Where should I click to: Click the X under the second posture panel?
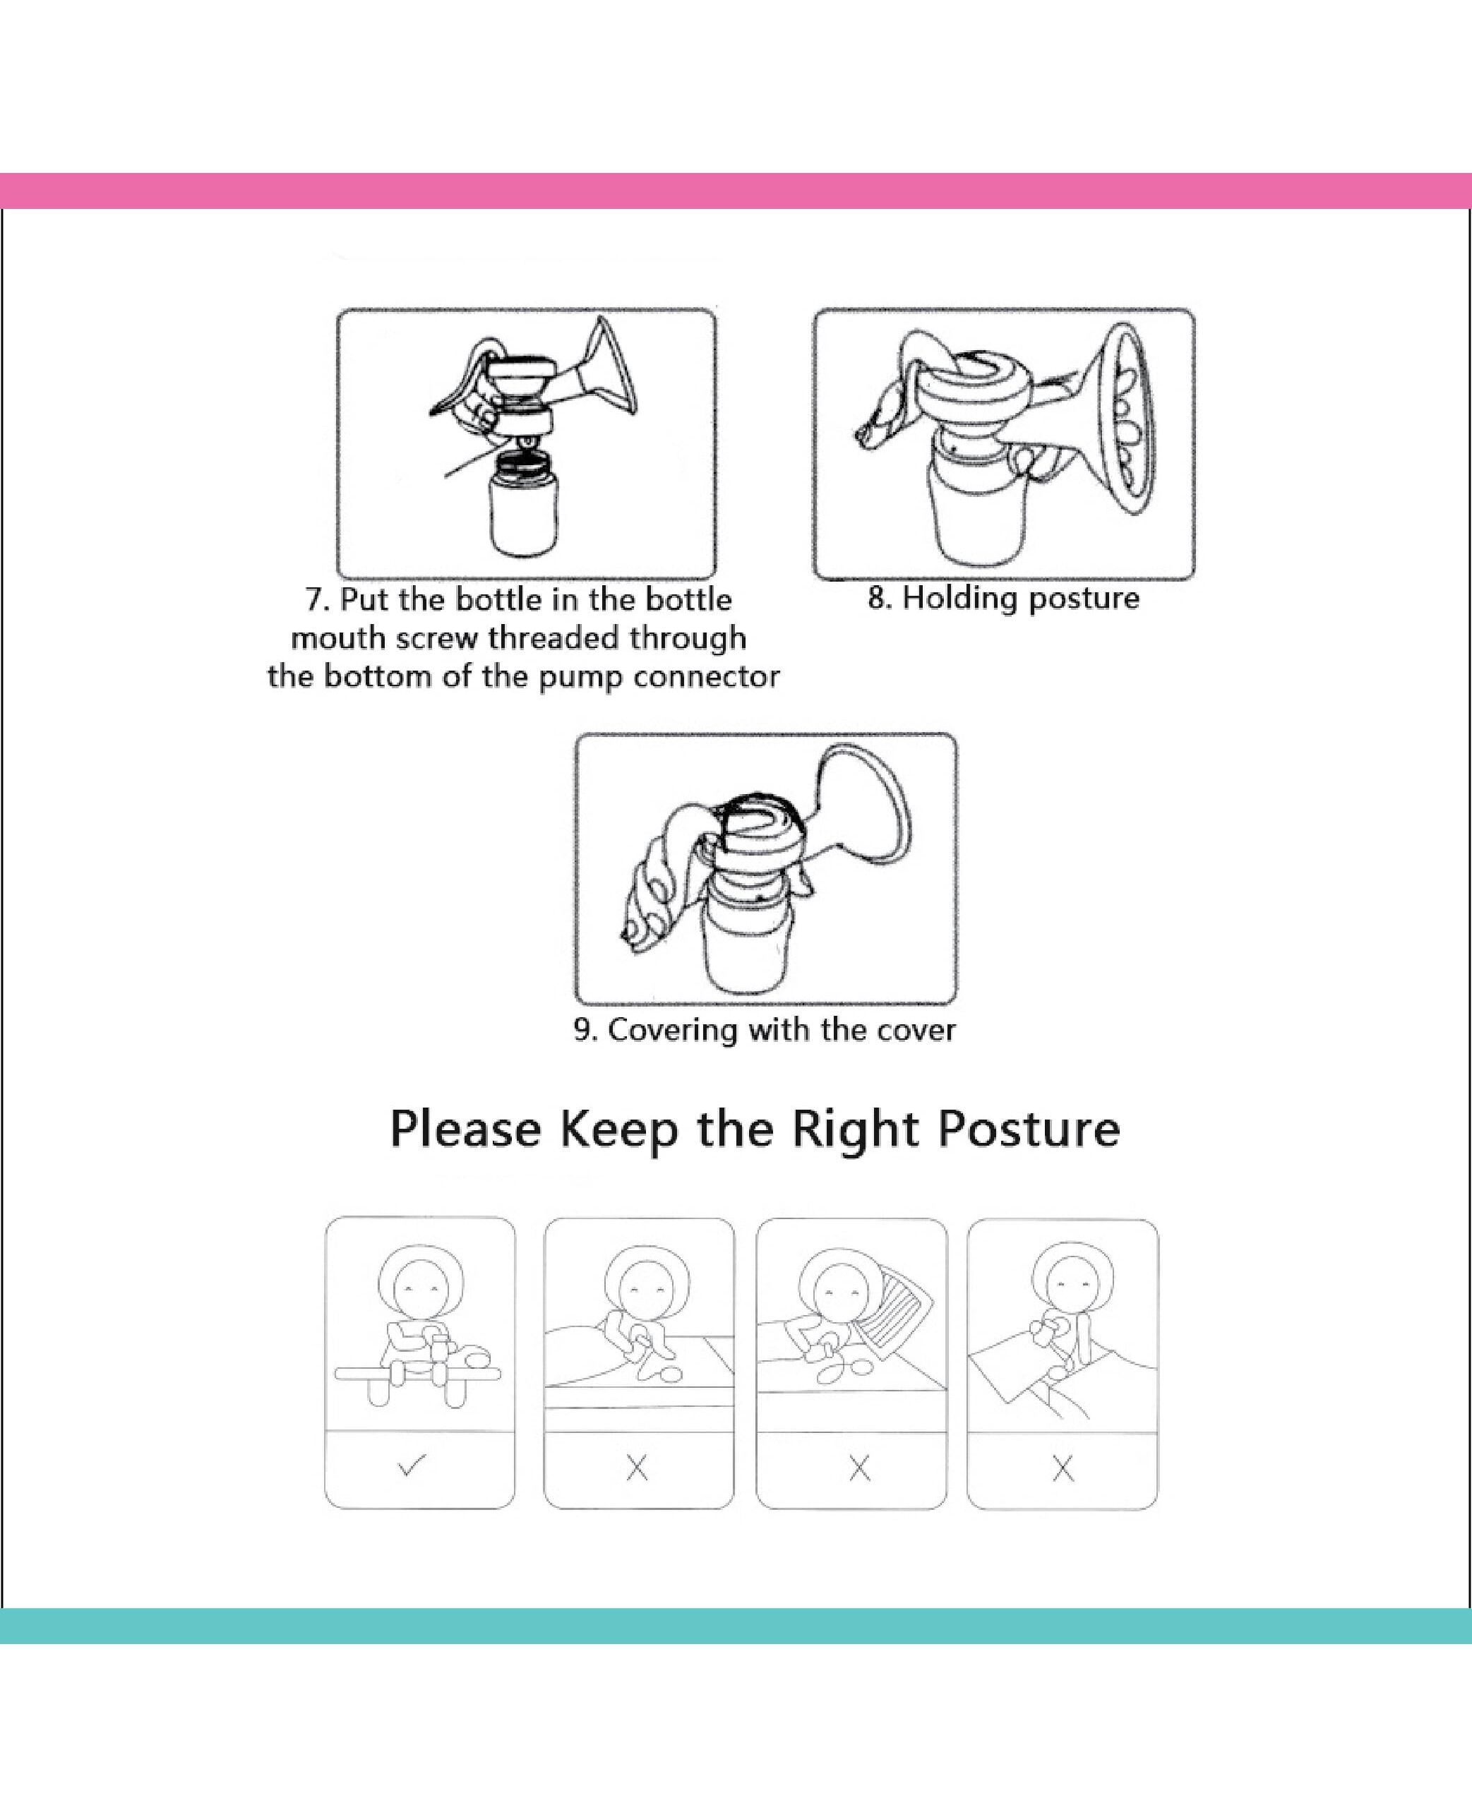(x=637, y=1468)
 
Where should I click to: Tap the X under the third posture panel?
(x=859, y=1468)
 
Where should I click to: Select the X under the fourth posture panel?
(x=1063, y=1468)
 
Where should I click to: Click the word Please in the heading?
(x=465, y=1129)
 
